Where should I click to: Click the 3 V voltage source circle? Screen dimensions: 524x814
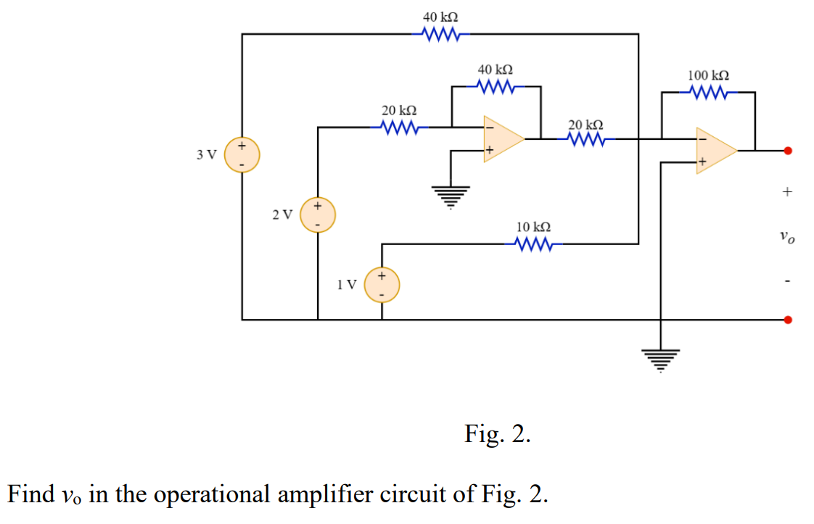(x=242, y=155)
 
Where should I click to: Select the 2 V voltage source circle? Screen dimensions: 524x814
(x=317, y=215)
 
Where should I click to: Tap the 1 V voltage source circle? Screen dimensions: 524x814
(x=382, y=284)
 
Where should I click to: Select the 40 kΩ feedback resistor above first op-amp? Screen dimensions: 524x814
(x=496, y=87)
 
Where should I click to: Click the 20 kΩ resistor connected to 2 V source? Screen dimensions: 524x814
(x=398, y=128)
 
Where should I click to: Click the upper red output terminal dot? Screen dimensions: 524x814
(x=789, y=151)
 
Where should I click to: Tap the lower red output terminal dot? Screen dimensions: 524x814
(x=789, y=319)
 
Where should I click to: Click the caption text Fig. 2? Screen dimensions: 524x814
(x=497, y=434)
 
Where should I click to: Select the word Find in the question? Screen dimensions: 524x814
(x=30, y=494)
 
